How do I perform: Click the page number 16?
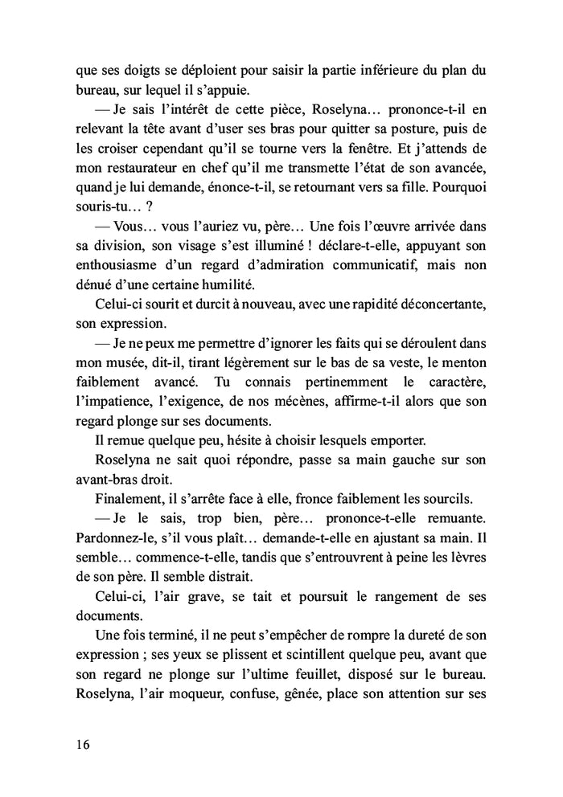pos(78,744)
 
